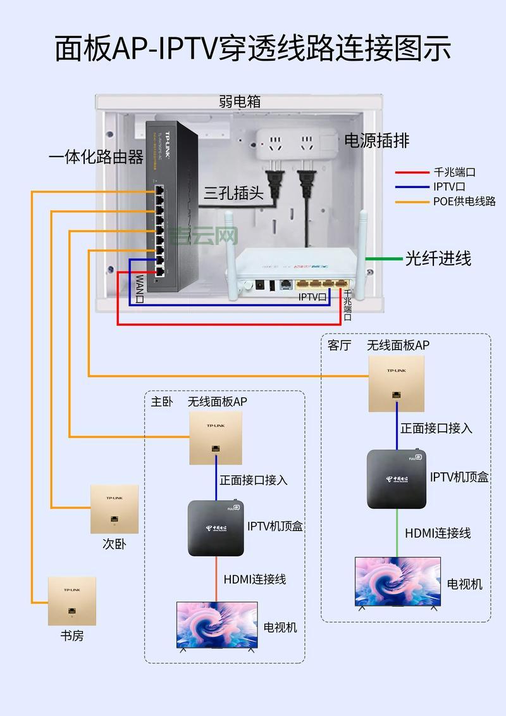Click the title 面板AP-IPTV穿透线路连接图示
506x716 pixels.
(x=253, y=49)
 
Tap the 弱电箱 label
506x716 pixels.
(x=240, y=101)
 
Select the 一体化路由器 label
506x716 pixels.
(x=96, y=157)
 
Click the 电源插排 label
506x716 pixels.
(x=376, y=141)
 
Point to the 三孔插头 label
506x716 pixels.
(x=233, y=193)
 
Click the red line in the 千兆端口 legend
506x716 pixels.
(x=412, y=172)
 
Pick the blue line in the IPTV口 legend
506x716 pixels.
(x=412, y=187)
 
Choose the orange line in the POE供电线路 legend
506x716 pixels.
(x=412, y=202)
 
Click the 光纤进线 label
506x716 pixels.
(x=438, y=258)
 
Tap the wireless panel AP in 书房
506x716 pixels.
(x=72, y=600)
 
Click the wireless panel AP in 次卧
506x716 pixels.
(x=114, y=509)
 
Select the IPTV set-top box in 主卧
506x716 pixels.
(x=216, y=528)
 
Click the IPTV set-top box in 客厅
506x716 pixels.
(x=397, y=479)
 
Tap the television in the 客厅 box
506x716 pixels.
(x=397, y=583)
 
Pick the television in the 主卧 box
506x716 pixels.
(x=217, y=625)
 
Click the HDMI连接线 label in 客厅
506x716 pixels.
(x=438, y=533)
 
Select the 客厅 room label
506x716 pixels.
(x=339, y=345)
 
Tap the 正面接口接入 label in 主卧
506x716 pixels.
(x=254, y=480)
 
